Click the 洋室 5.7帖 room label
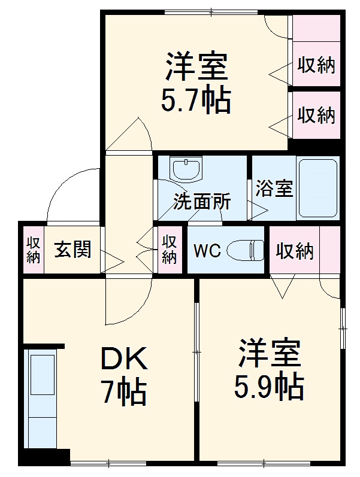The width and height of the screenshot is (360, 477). click(x=196, y=84)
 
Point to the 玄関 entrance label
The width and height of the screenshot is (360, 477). click(x=73, y=250)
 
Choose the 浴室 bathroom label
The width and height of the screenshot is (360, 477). click(x=274, y=189)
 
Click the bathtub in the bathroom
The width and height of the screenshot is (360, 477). click(x=317, y=188)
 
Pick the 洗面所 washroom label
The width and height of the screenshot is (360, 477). click(x=202, y=202)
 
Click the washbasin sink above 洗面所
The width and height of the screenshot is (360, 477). click(x=187, y=168)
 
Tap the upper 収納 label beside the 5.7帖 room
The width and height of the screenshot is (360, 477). click(x=316, y=65)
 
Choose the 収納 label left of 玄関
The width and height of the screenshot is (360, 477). click(x=33, y=250)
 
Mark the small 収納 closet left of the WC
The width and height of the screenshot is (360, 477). click(x=170, y=250)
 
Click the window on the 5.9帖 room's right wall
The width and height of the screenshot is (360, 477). click(x=342, y=327)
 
